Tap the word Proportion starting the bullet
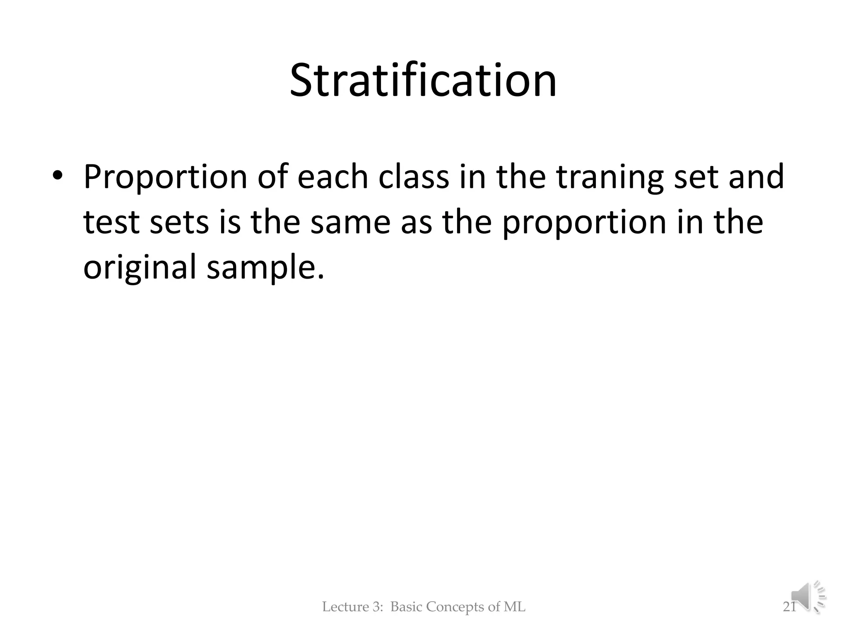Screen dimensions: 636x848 164,177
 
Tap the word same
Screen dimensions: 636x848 350,222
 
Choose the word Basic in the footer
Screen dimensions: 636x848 407,607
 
